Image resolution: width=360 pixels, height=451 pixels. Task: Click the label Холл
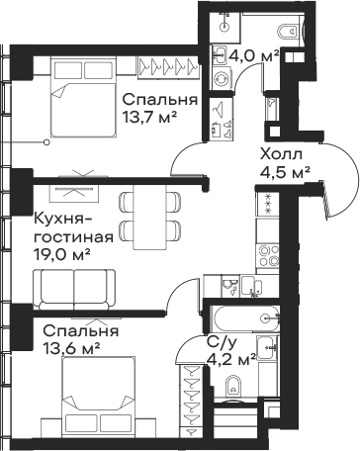[281, 154]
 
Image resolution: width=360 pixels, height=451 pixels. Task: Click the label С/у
[223, 342]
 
